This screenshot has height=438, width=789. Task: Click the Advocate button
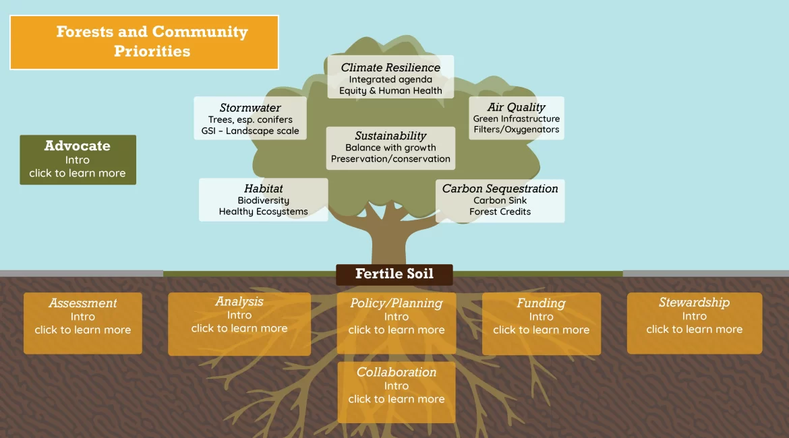pos(78,160)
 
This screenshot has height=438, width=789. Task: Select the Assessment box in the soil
pos(82,323)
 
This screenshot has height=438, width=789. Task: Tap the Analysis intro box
pos(239,324)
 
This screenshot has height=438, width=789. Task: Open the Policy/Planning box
pos(397,323)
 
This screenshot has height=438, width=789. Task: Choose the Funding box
pos(542,323)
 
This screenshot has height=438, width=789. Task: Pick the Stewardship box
pos(695,323)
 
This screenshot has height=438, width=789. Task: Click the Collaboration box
pos(397,392)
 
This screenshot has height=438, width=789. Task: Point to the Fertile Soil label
pos(394,274)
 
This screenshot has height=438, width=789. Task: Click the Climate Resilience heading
pos(390,67)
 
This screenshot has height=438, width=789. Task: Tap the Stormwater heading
pos(250,108)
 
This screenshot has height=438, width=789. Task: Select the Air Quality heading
pos(517,107)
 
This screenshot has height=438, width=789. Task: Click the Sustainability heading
pos(390,135)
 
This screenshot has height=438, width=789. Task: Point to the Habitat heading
pos(263,189)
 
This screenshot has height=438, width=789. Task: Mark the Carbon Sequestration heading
pos(500,189)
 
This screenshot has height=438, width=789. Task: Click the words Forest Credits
pos(500,212)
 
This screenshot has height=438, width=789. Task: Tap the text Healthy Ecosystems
pos(263,212)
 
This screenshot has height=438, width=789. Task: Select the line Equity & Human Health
pos(390,90)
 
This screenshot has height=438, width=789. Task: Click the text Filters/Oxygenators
pos(517,129)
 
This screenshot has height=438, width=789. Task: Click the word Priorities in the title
pos(152,51)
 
